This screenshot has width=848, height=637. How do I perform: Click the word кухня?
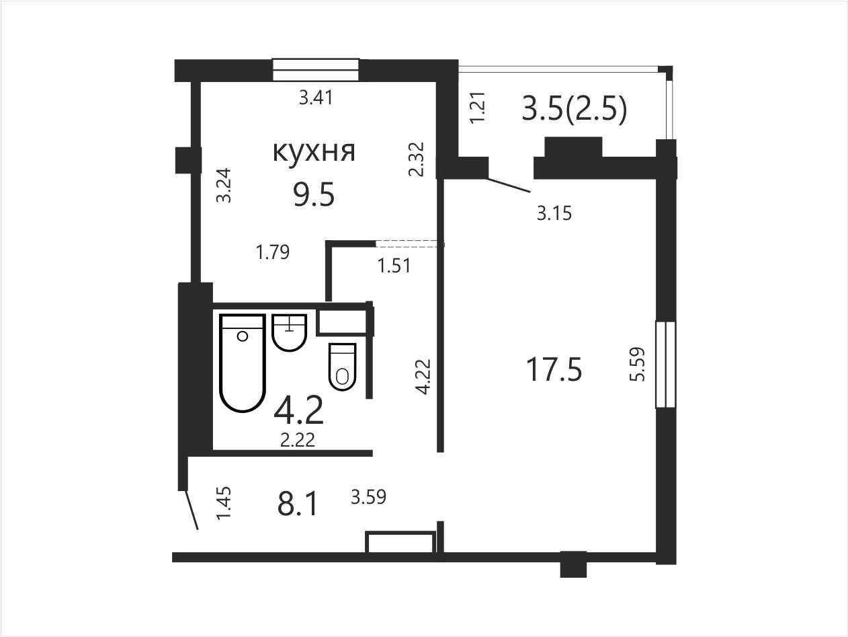pyautogui.click(x=314, y=152)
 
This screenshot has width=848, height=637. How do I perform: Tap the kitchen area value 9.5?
pyautogui.click(x=313, y=194)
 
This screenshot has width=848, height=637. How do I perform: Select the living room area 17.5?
pyautogui.click(x=554, y=370)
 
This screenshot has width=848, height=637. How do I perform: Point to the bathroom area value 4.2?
pyautogui.click(x=298, y=410)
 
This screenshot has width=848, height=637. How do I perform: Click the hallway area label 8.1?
pyautogui.click(x=298, y=504)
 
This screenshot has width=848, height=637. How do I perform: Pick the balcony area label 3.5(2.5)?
pyautogui.click(x=574, y=109)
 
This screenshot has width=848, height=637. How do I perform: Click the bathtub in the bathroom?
pyautogui.click(x=243, y=363)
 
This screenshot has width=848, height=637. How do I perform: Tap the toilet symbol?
pyautogui.click(x=342, y=367)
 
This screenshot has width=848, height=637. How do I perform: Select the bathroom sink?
pyautogui.click(x=290, y=332)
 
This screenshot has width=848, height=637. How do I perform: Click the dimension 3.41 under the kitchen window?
pyautogui.click(x=316, y=98)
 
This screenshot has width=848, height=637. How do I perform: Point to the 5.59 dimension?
pyautogui.click(x=638, y=365)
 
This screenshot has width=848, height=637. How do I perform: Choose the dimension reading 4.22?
pyautogui.click(x=423, y=377)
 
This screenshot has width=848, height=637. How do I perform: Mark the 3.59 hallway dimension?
pyautogui.click(x=368, y=497)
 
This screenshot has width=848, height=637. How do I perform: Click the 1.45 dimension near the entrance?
pyautogui.click(x=224, y=502)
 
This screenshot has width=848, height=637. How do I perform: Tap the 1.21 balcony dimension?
pyautogui.click(x=478, y=107)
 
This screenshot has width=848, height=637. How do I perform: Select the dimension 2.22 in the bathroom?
pyautogui.click(x=298, y=440)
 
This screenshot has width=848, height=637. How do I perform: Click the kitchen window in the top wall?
pyautogui.click(x=316, y=69)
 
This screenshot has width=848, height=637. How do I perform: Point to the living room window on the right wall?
pyautogui.click(x=666, y=365)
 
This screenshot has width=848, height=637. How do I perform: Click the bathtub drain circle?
pyautogui.click(x=243, y=336)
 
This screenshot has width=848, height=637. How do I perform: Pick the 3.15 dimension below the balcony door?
pyautogui.click(x=554, y=213)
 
